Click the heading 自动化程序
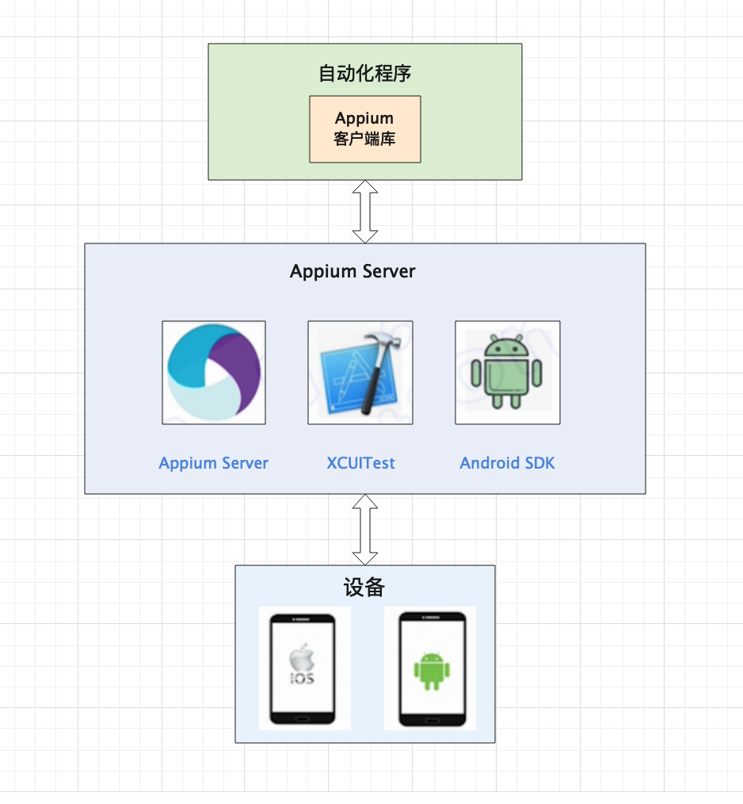(x=364, y=75)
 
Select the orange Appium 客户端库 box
(x=364, y=129)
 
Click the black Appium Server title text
(x=352, y=271)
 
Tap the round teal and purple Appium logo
(x=214, y=372)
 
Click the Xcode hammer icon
(x=360, y=372)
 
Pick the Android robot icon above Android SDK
(x=507, y=372)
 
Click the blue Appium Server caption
(x=214, y=463)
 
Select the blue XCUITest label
(x=360, y=463)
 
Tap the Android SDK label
(x=507, y=463)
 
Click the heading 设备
(x=364, y=588)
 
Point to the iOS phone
(x=302, y=668)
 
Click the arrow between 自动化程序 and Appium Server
(x=365, y=211)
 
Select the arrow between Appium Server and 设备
(x=365, y=529)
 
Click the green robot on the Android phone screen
(x=431, y=670)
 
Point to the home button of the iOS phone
(x=301, y=718)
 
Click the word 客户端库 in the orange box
(x=364, y=140)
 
